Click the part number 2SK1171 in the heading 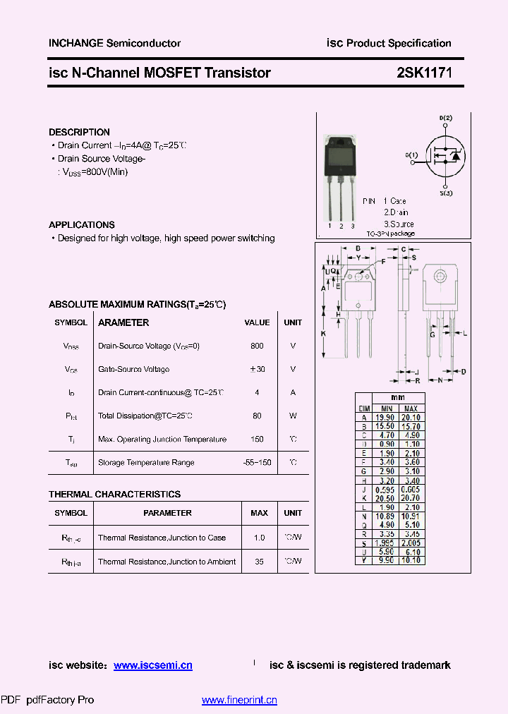pos(423,73)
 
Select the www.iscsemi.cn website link pos(152,665)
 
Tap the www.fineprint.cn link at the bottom pos(239,700)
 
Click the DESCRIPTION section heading pos(79,132)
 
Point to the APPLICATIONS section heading pos(82,224)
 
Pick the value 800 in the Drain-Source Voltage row pos(257,346)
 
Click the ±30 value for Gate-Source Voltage pos(257,369)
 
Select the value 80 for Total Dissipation pos(257,416)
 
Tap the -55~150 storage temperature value pos(257,462)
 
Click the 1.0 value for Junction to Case pos(259,538)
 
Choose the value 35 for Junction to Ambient pos(259,562)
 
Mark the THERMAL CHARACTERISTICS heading pos(114,494)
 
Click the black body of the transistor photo pos(341,159)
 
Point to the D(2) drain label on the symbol pos(446,117)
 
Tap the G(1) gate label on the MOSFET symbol pos(411,155)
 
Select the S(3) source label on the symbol pos(446,193)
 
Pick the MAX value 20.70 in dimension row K pos(411,498)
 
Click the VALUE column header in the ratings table pos(257,322)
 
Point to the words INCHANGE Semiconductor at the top pos(114,43)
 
